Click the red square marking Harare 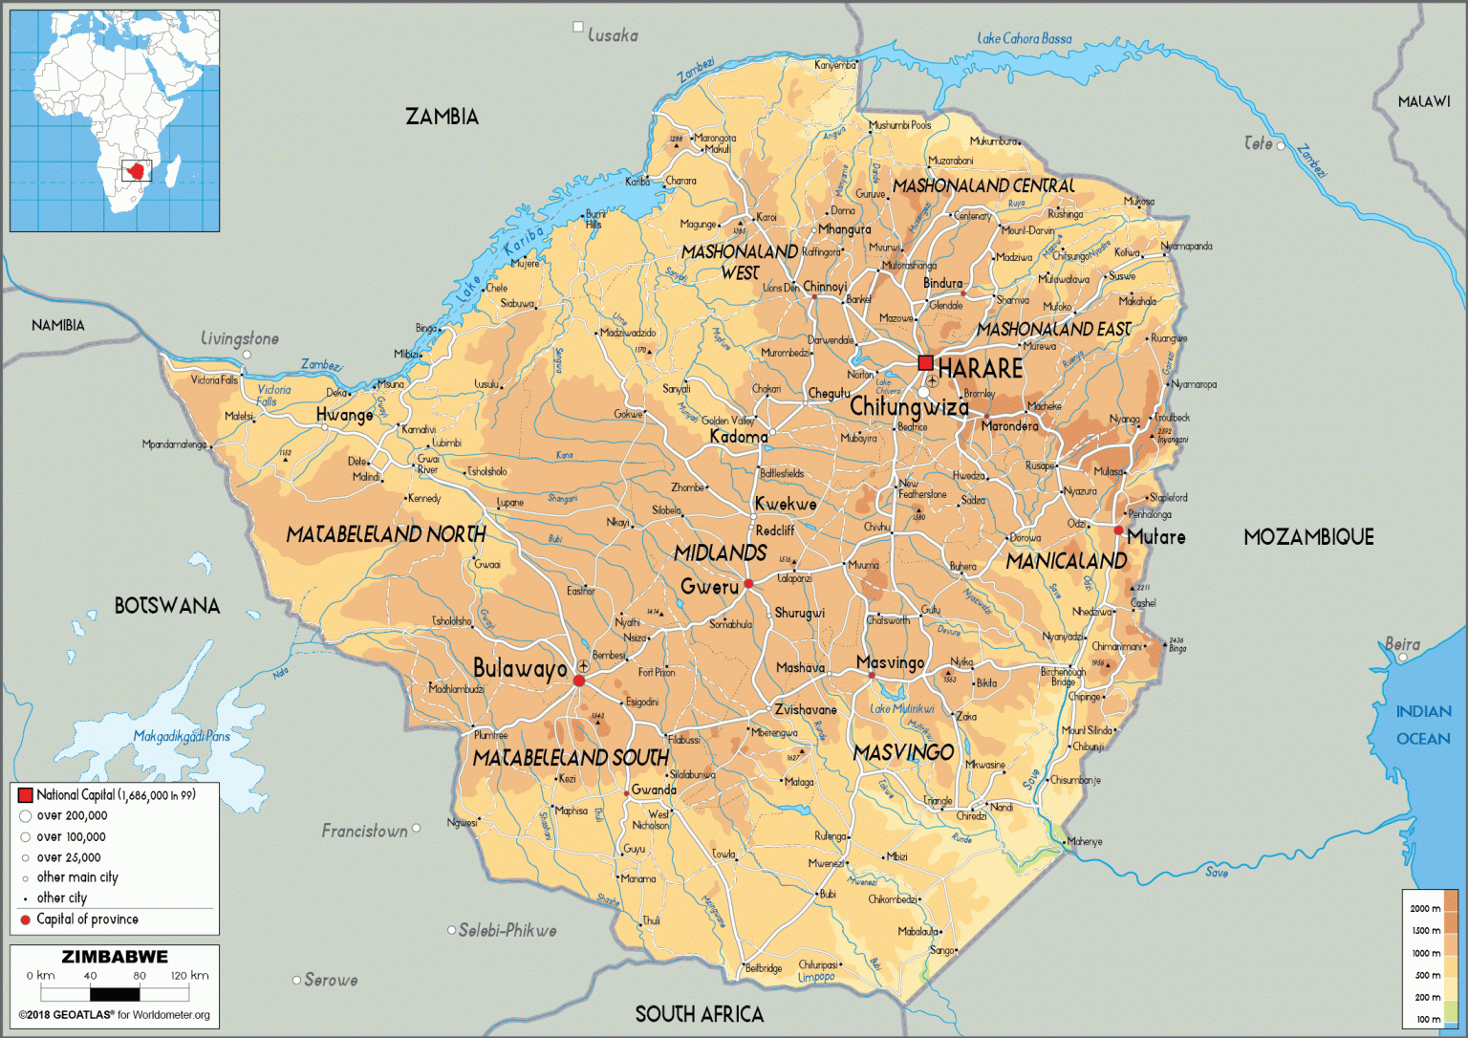click(925, 362)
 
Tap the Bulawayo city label click(520, 668)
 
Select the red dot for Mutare click(1118, 530)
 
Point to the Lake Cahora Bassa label click(1024, 38)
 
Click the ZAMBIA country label click(442, 117)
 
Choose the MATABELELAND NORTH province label click(386, 534)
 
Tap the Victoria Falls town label click(214, 379)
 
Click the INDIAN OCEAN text click(1423, 724)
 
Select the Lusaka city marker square click(577, 27)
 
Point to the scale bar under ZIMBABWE click(115, 994)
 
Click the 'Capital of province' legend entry click(87, 919)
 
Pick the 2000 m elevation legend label click(1425, 908)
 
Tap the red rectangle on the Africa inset click(137, 172)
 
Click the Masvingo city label click(890, 662)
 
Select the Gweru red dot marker click(749, 583)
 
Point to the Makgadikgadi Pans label click(182, 736)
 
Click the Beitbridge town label click(764, 968)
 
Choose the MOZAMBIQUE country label click(1308, 537)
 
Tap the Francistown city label click(364, 831)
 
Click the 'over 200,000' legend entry click(72, 816)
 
